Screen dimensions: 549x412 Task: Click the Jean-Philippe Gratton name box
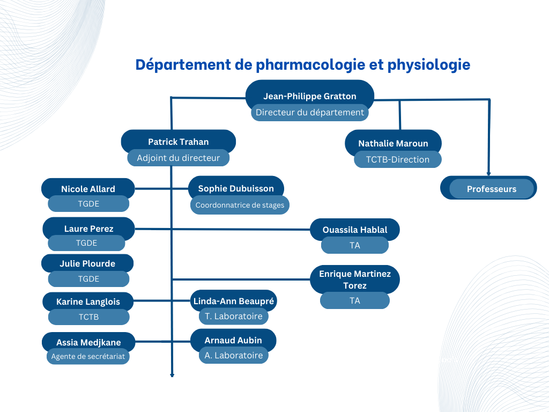(x=310, y=93)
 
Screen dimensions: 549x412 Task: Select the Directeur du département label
(x=310, y=113)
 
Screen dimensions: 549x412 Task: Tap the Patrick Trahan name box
(x=178, y=141)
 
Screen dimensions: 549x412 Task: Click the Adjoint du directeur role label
(x=178, y=158)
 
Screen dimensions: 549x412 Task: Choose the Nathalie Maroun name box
(x=393, y=142)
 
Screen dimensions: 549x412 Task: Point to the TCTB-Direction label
(x=398, y=159)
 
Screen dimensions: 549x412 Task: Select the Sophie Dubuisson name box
(x=236, y=187)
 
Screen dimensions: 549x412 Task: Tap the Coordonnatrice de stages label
(x=240, y=205)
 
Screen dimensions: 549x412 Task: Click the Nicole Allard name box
(x=88, y=188)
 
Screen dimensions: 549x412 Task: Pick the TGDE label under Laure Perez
(x=86, y=243)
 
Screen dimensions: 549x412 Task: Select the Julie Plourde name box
(x=87, y=263)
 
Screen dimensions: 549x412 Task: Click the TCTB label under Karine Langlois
(x=88, y=317)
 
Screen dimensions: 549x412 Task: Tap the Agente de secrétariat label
(x=88, y=356)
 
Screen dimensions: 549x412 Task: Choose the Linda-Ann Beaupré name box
(x=234, y=300)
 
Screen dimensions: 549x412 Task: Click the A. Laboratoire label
(x=234, y=355)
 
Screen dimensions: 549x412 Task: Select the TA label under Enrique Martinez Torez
(x=355, y=300)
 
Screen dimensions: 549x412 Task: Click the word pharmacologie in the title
(x=310, y=65)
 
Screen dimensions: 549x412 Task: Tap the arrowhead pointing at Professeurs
(x=489, y=173)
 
